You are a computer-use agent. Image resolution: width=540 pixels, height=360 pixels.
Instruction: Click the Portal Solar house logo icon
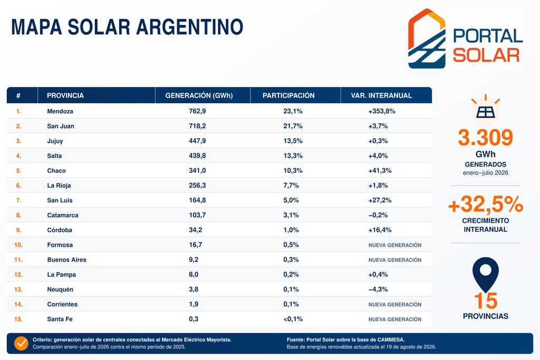coord(427,38)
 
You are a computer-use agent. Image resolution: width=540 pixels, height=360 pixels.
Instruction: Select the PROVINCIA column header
coord(65,96)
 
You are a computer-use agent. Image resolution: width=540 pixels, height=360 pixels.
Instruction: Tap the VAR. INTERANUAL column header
coord(381,96)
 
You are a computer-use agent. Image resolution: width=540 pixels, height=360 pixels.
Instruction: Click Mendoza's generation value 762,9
coord(197,111)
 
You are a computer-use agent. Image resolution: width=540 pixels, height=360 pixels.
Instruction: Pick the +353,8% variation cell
coord(382,111)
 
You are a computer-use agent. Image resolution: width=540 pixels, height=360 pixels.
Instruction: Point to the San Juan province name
coord(61,126)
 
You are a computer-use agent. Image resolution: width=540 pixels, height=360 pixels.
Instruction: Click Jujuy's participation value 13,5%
coord(293,141)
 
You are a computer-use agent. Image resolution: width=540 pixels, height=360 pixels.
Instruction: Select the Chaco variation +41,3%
coord(380,170)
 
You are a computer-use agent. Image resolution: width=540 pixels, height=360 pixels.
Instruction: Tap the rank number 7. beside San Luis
coord(18,200)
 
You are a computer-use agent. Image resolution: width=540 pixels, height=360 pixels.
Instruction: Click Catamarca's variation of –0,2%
coord(378,215)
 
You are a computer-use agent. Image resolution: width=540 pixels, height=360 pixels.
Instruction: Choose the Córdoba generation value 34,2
coord(195,230)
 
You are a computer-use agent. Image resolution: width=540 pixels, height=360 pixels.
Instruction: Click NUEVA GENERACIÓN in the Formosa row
coord(395,245)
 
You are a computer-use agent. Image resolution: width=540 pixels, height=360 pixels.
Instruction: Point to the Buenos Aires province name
coord(67,260)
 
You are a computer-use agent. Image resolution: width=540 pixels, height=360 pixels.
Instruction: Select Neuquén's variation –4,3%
coord(378,289)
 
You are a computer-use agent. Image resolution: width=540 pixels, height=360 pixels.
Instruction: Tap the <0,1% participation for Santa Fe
coord(293,319)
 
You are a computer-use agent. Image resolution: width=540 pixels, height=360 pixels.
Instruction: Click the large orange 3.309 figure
coord(485,138)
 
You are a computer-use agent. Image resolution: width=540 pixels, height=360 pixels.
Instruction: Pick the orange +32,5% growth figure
coord(486,204)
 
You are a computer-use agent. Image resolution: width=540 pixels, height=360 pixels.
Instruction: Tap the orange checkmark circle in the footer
coord(21,343)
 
